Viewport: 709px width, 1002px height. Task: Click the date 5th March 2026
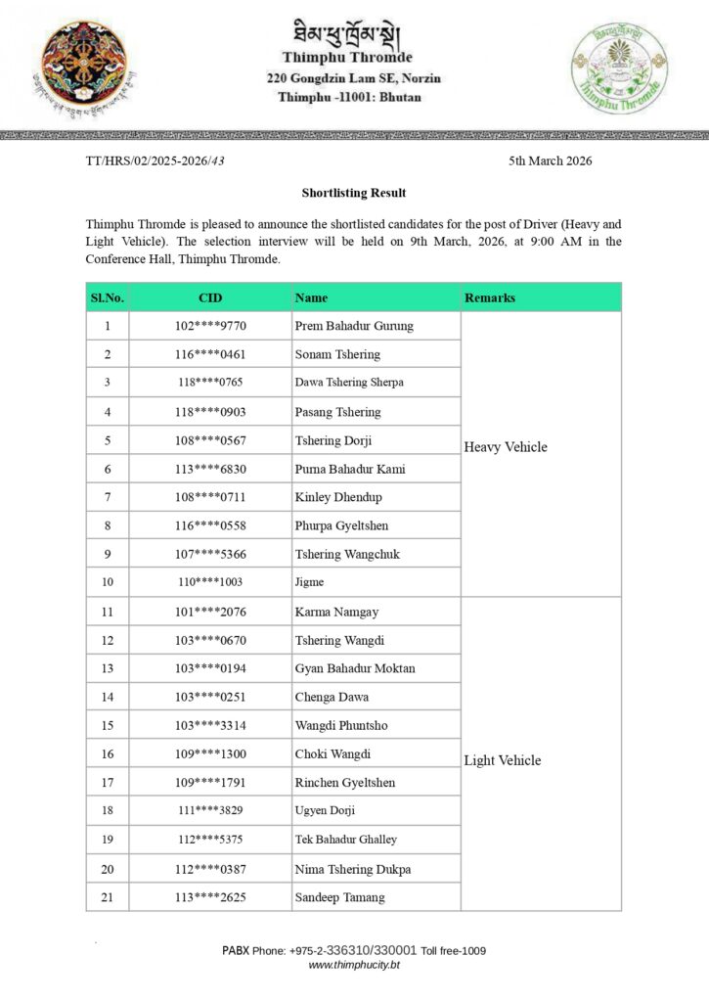[550, 161]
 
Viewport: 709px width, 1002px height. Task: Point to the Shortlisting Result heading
[354, 193]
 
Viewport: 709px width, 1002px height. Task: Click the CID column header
[210, 297]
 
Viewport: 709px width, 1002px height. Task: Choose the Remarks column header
[490, 297]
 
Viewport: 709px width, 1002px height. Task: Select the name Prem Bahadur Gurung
[354, 326]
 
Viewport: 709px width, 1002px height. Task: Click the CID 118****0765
[210, 383]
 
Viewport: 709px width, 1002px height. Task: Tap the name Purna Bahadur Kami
[350, 469]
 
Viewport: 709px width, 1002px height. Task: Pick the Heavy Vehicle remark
[506, 447]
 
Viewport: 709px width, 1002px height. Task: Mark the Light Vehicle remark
[503, 760]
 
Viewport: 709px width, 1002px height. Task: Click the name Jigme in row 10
[309, 582]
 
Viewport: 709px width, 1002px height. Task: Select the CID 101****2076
[210, 613]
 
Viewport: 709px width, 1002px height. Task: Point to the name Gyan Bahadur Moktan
[355, 668]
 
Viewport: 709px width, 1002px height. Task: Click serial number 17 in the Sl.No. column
[108, 783]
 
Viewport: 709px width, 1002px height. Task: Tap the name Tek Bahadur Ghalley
[346, 840]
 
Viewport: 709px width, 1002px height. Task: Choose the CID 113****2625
[210, 897]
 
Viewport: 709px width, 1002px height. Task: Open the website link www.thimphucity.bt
[354, 965]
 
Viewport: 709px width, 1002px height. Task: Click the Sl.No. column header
[108, 297]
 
